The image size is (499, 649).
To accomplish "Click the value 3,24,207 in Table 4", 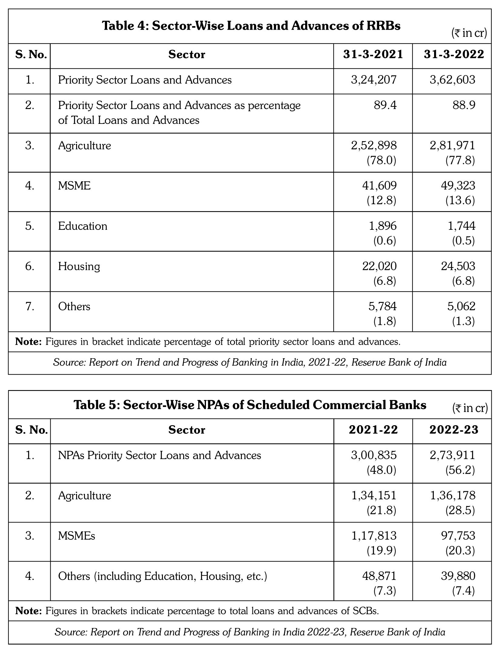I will (x=374, y=80).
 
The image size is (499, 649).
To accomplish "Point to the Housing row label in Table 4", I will (x=79, y=267).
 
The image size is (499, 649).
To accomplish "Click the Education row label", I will (x=83, y=226).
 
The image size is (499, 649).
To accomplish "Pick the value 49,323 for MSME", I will (x=458, y=186).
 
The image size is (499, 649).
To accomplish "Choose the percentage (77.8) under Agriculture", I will (x=460, y=160).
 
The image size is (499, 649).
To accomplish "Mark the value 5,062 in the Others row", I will (x=461, y=306).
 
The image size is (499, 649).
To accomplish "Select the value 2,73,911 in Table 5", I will (x=452, y=455).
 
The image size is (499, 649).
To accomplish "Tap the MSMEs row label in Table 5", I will (x=76, y=536).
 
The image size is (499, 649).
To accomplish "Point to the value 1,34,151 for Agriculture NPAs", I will (x=374, y=495).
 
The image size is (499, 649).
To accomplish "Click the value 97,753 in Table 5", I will (x=458, y=536).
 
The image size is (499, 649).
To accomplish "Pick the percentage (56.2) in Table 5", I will (x=460, y=470).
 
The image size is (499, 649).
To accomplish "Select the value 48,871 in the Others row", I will (x=379, y=576).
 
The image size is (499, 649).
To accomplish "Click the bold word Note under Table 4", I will (x=28, y=342).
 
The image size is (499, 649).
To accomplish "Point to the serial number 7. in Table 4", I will (x=30, y=306).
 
